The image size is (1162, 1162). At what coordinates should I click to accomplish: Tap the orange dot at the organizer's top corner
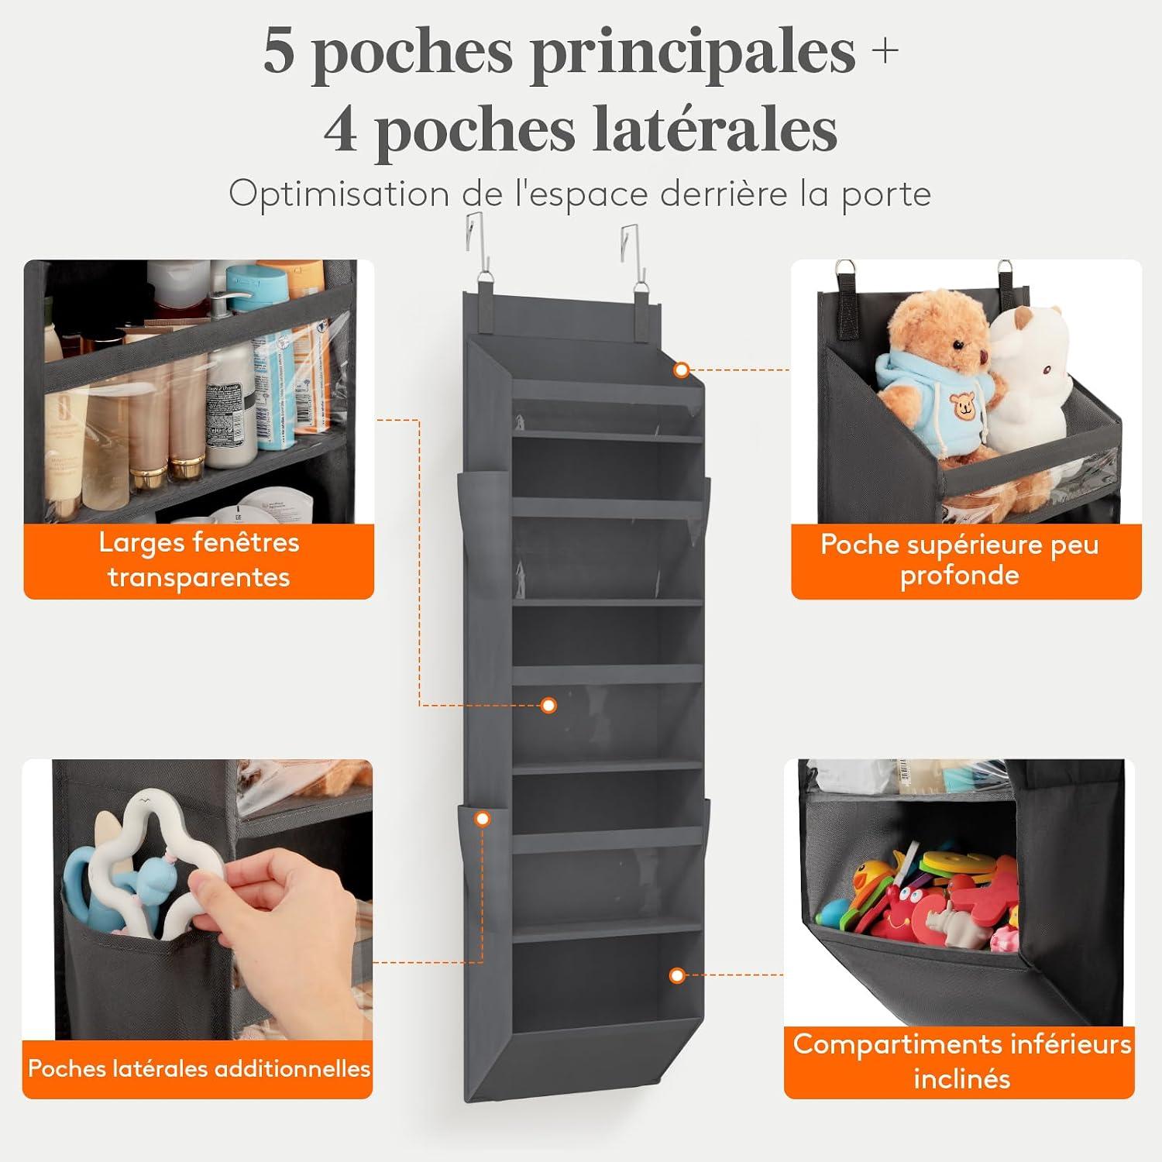click(x=682, y=370)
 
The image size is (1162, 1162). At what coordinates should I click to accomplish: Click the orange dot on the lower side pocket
click(x=483, y=818)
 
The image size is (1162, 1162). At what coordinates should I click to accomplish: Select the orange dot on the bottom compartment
click(x=677, y=975)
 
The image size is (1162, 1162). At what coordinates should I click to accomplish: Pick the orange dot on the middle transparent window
click(x=548, y=705)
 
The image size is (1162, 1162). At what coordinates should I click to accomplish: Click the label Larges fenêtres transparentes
click(x=199, y=559)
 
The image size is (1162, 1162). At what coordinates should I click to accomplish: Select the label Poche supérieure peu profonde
click(x=959, y=559)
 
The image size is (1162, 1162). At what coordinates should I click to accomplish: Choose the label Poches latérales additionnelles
click(x=199, y=1068)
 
